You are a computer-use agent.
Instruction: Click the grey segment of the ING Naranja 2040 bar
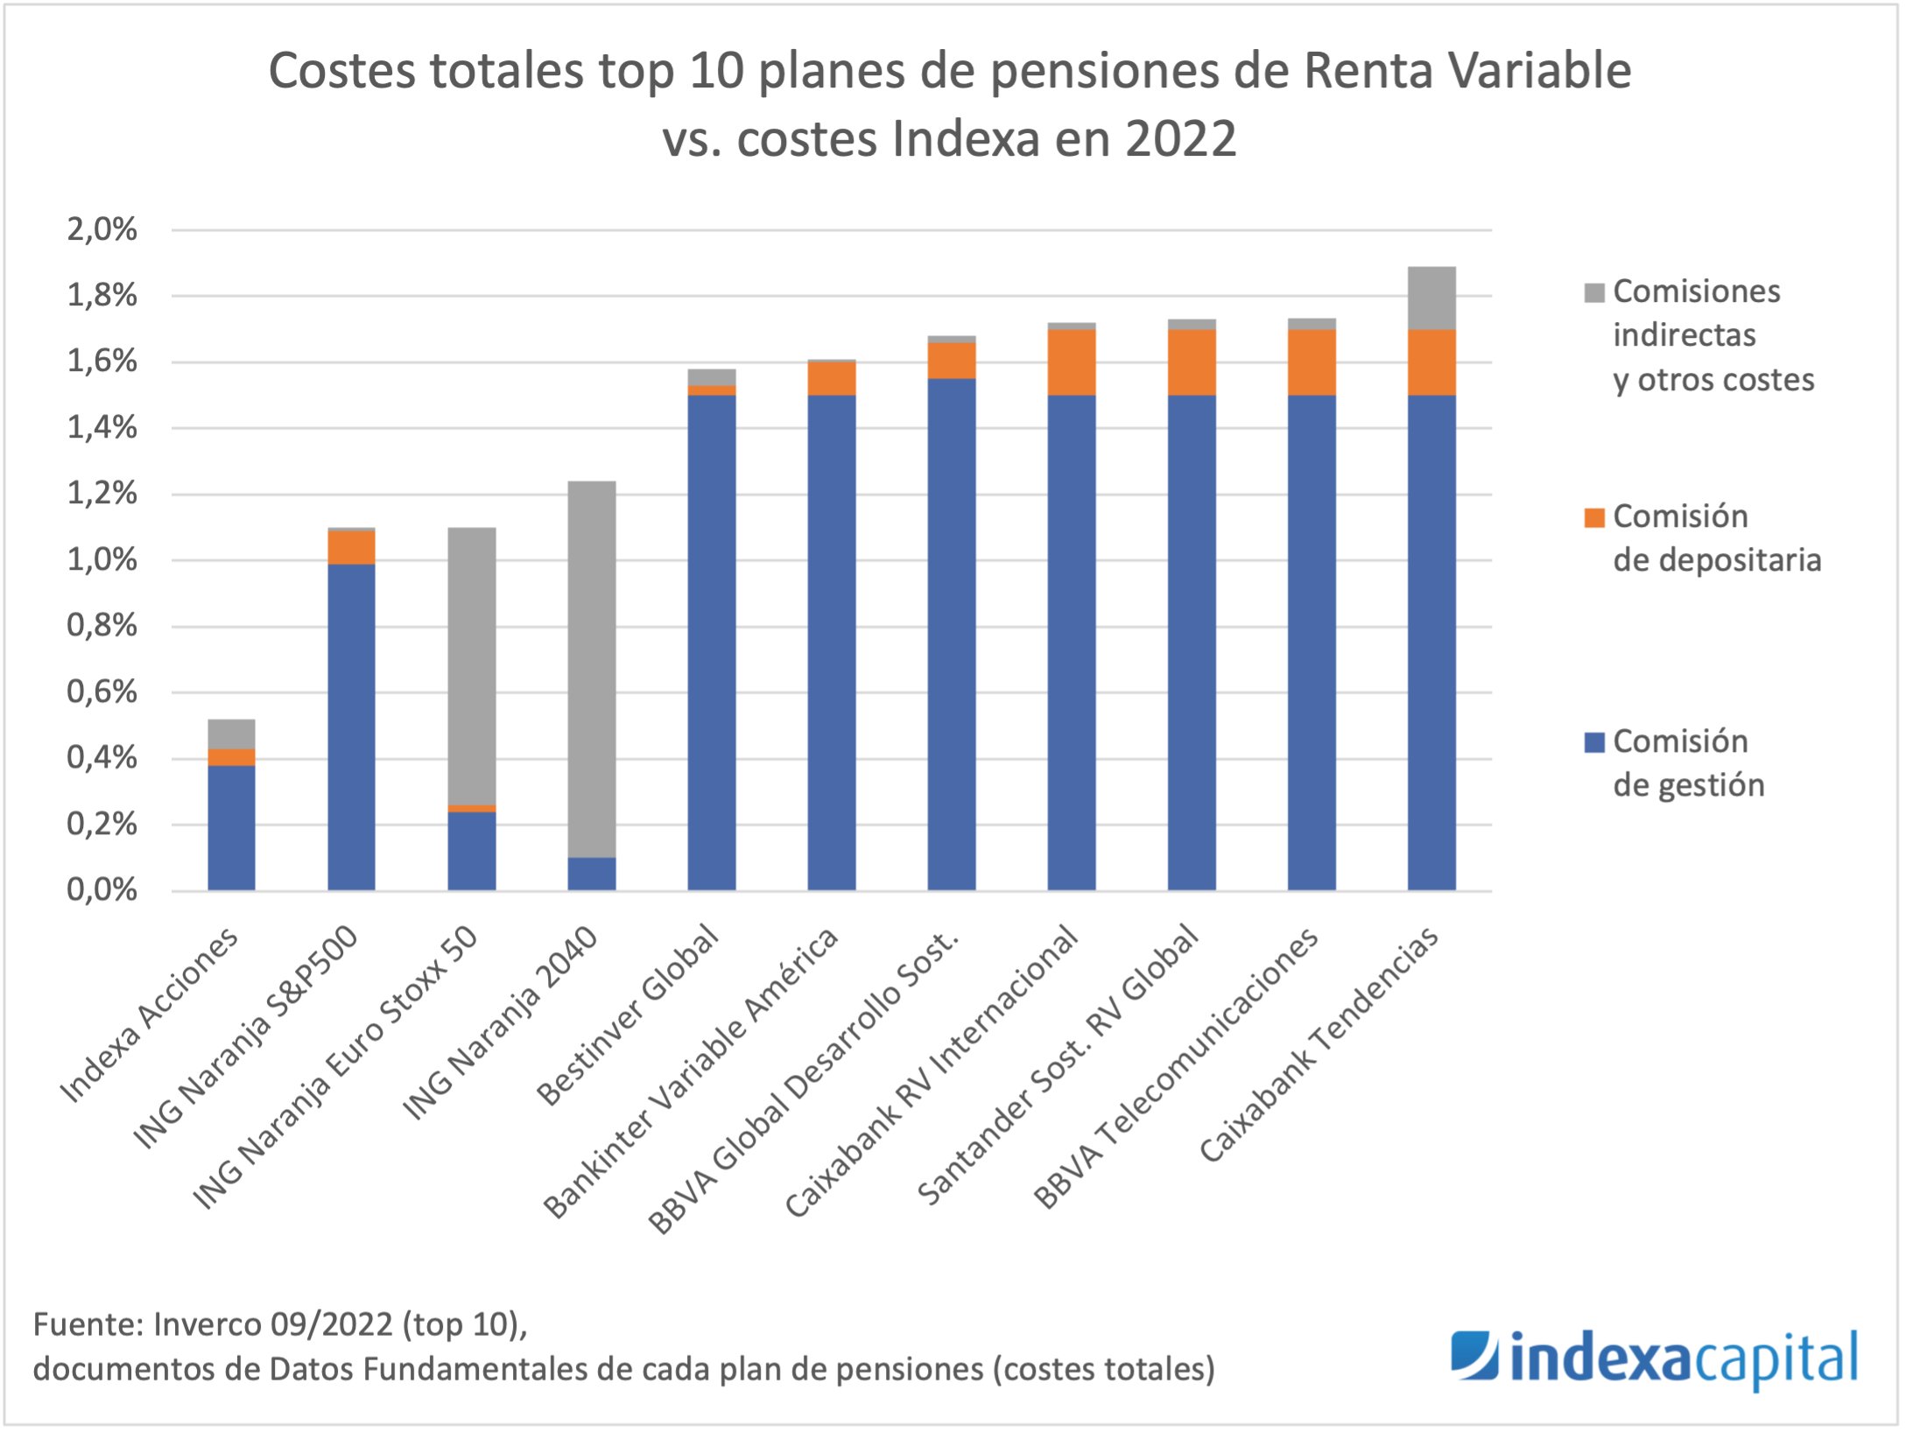[x=592, y=670]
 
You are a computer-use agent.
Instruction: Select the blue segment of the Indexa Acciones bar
[x=231, y=828]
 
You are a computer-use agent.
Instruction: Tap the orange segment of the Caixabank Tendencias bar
[x=1432, y=362]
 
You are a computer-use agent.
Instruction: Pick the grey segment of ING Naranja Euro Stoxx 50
[x=472, y=665]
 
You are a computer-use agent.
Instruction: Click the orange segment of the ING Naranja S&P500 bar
[x=351, y=548]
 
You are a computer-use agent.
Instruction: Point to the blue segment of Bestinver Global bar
[x=712, y=643]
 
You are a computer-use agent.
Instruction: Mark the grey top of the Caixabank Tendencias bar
[x=1432, y=298]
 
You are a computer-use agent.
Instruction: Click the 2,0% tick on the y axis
[x=102, y=230]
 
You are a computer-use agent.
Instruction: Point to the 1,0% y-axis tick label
[x=102, y=560]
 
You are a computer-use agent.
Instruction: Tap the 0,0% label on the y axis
[x=102, y=891]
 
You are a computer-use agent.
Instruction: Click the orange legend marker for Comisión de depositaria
[x=1594, y=518]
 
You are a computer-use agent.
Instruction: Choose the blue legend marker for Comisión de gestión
[x=1594, y=743]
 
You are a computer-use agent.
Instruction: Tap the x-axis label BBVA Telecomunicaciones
[x=1178, y=1068]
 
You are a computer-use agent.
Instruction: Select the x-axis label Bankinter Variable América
[x=692, y=1072]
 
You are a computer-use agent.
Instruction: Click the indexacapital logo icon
[x=1474, y=1356]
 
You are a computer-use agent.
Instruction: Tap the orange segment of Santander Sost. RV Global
[x=1192, y=362]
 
